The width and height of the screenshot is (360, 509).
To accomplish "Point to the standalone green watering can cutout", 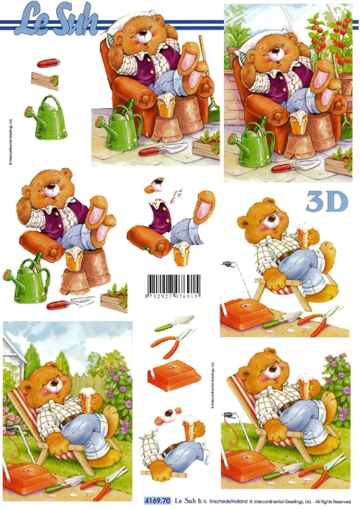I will click(45, 117).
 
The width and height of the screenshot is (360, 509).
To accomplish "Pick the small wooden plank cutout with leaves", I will click(45, 80).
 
